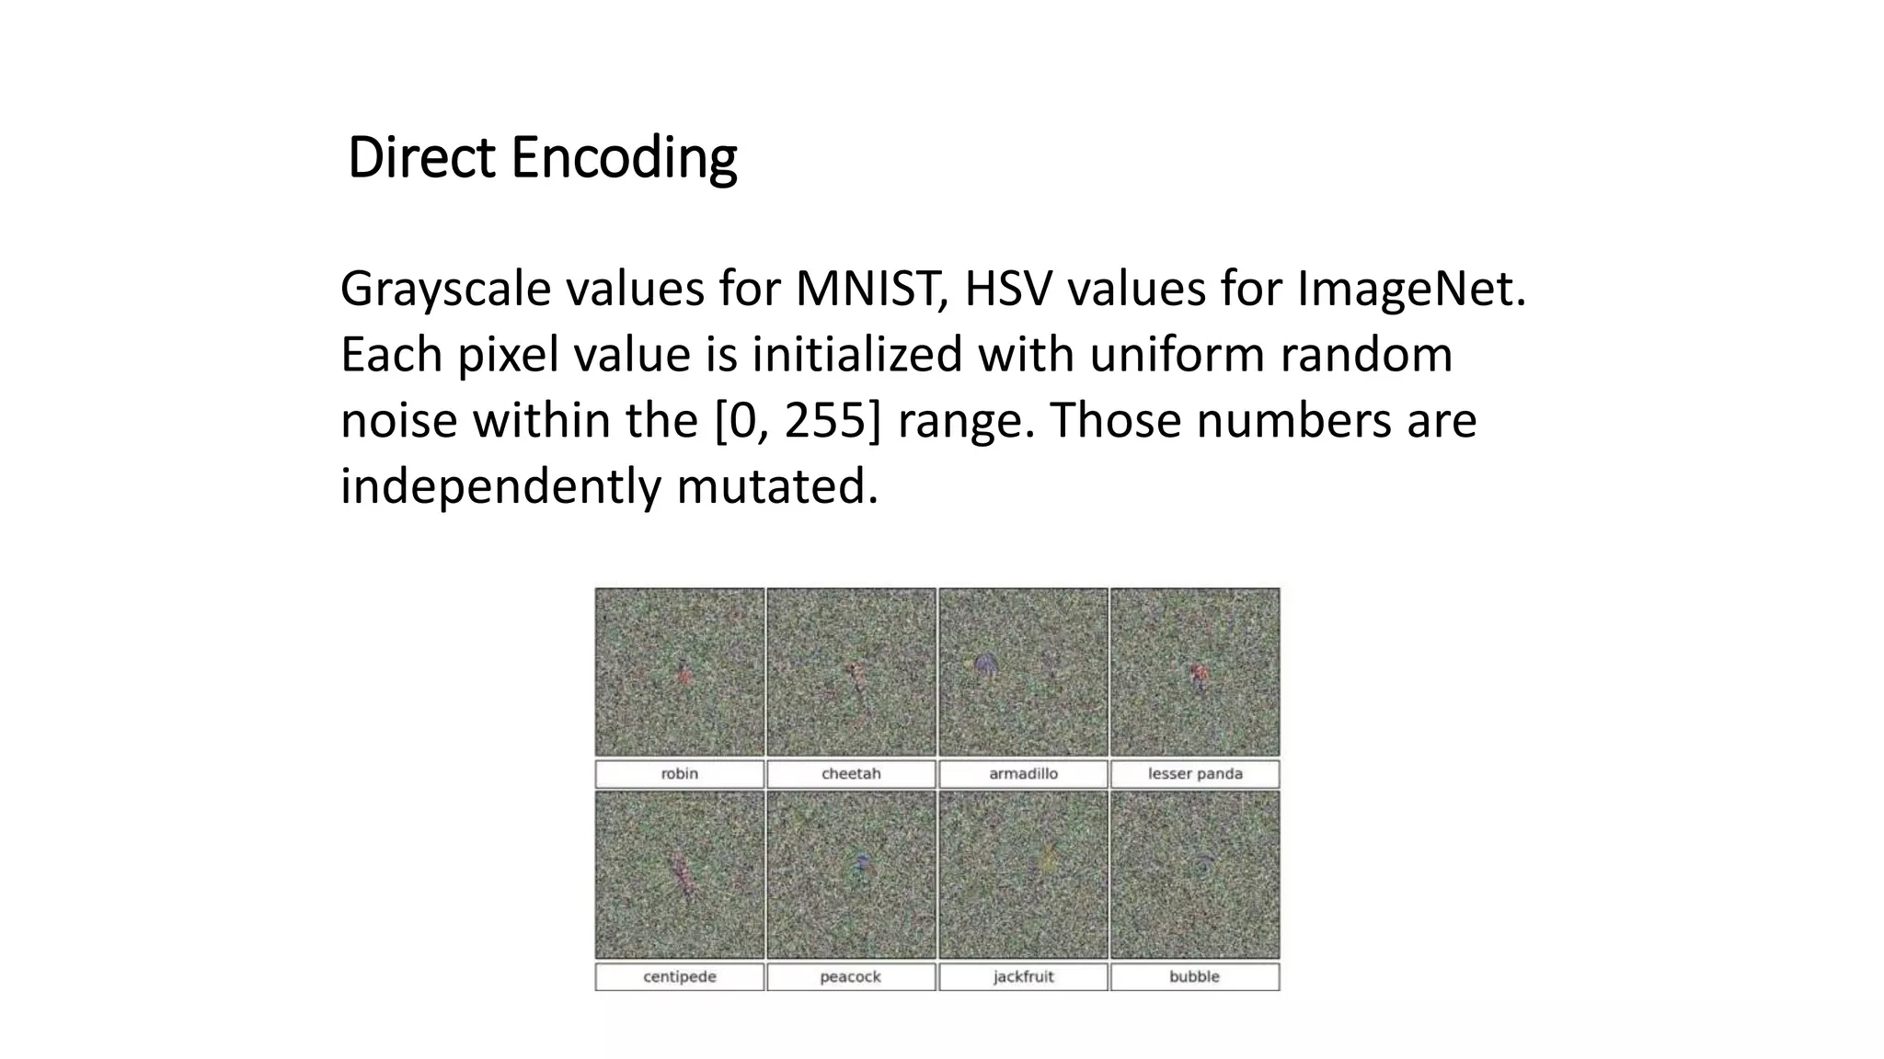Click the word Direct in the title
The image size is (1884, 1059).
click(421, 157)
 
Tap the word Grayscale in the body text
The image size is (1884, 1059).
click(445, 290)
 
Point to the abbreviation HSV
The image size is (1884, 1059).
click(1007, 289)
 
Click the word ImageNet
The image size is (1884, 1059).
click(1411, 289)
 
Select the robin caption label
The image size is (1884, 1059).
click(680, 774)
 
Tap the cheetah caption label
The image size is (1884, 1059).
click(851, 774)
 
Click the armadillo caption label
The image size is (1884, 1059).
click(1023, 774)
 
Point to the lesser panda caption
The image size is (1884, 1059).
click(1195, 774)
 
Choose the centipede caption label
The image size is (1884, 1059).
click(680, 977)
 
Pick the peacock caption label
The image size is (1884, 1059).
click(851, 977)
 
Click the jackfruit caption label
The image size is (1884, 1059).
click(1023, 977)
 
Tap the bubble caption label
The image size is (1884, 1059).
click(1195, 977)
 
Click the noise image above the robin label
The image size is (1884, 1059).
click(680, 672)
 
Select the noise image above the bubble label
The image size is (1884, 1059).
click(1195, 875)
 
